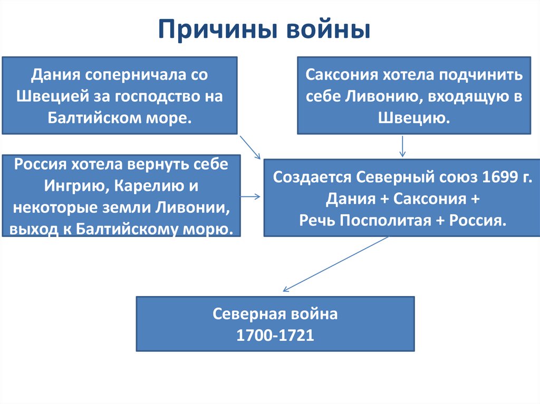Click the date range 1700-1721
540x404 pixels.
(x=275, y=336)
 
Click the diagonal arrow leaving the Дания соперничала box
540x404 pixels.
(x=250, y=147)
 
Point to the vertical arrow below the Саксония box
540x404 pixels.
(x=403, y=146)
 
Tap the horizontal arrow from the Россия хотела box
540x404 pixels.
(x=250, y=196)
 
